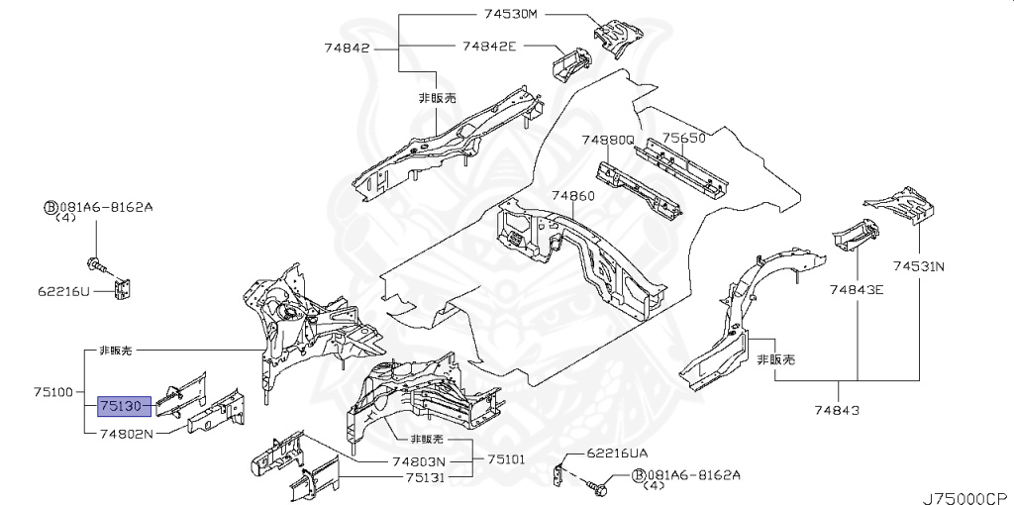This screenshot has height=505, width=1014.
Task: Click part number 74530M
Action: click(510, 14)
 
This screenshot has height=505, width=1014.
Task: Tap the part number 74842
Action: click(346, 46)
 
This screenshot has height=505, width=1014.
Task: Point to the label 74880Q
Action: click(607, 140)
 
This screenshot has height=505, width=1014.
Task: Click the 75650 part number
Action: click(683, 138)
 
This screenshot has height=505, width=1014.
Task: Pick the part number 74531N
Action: click(919, 266)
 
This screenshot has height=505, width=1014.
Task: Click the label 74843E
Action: click(858, 289)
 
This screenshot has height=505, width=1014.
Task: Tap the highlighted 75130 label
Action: click(124, 406)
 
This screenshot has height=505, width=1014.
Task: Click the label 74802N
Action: click(127, 433)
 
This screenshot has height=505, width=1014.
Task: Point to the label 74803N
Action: click(418, 460)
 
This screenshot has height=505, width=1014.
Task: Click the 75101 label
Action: click(505, 460)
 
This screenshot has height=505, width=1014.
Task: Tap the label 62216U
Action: click(64, 291)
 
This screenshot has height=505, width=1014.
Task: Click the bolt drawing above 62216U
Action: click(98, 264)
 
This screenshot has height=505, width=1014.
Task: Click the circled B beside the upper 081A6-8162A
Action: click(49, 207)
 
